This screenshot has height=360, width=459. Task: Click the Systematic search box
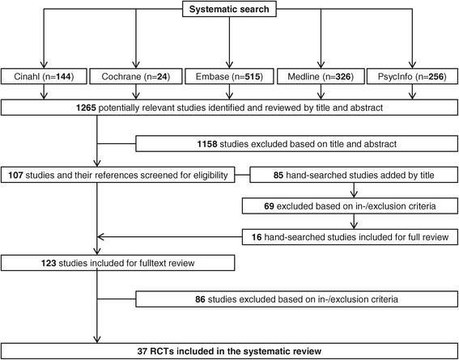point(229,9)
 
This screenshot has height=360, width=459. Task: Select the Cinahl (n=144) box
point(44,77)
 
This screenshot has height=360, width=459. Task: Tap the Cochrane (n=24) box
point(136,77)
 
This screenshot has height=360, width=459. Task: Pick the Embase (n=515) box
point(229,77)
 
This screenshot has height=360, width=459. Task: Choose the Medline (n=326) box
point(321,77)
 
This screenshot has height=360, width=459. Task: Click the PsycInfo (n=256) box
point(412,77)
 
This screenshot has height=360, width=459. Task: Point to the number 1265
point(86,108)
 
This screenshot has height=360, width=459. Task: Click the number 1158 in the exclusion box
point(207,144)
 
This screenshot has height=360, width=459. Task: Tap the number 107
point(16,176)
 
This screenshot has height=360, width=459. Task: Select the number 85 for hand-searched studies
point(278,176)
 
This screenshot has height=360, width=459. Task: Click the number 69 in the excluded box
point(269,206)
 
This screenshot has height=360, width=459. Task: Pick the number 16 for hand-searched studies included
point(257,237)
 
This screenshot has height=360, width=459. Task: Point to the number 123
point(49,263)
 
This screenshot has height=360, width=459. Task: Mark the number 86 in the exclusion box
point(200,299)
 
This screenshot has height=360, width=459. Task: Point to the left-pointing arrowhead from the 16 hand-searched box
point(101,237)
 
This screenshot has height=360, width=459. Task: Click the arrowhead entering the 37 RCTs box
point(96,339)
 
